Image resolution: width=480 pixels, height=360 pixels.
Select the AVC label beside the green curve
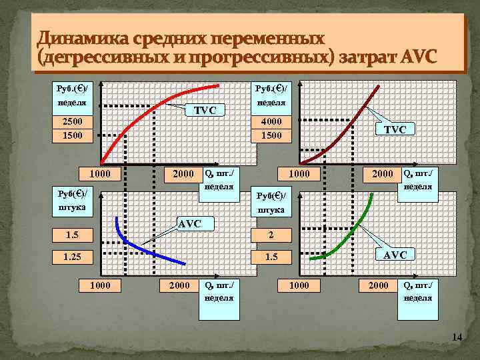(x=397, y=255)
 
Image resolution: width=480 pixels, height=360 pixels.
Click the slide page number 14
(x=457, y=338)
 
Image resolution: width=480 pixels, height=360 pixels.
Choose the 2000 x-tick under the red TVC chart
(x=179, y=174)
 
